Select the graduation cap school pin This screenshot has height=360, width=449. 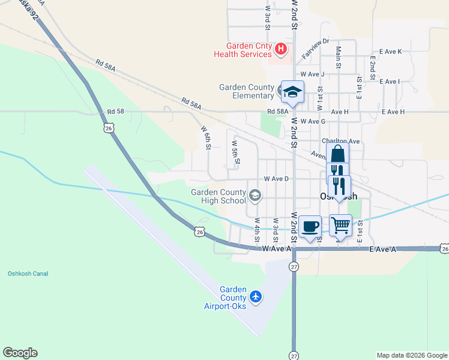tap(293, 92)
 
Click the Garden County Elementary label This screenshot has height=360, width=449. tap(246, 91)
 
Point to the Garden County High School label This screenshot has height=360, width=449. tap(218, 196)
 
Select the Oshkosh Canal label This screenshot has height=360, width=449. tap(28, 274)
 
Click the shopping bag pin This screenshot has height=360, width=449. tap(337, 154)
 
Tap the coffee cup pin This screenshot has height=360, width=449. tap(310, 227)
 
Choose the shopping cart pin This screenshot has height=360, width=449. tap(340, 226)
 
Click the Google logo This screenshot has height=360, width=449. tap(20, 353)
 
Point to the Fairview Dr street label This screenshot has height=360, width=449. tap(316, 48)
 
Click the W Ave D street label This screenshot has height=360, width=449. tap(276, 179)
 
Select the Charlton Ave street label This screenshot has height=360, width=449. tap(340, 141)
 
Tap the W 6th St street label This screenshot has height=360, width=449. tap(206, 137)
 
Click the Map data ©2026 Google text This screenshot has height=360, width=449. tap(412, 355)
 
